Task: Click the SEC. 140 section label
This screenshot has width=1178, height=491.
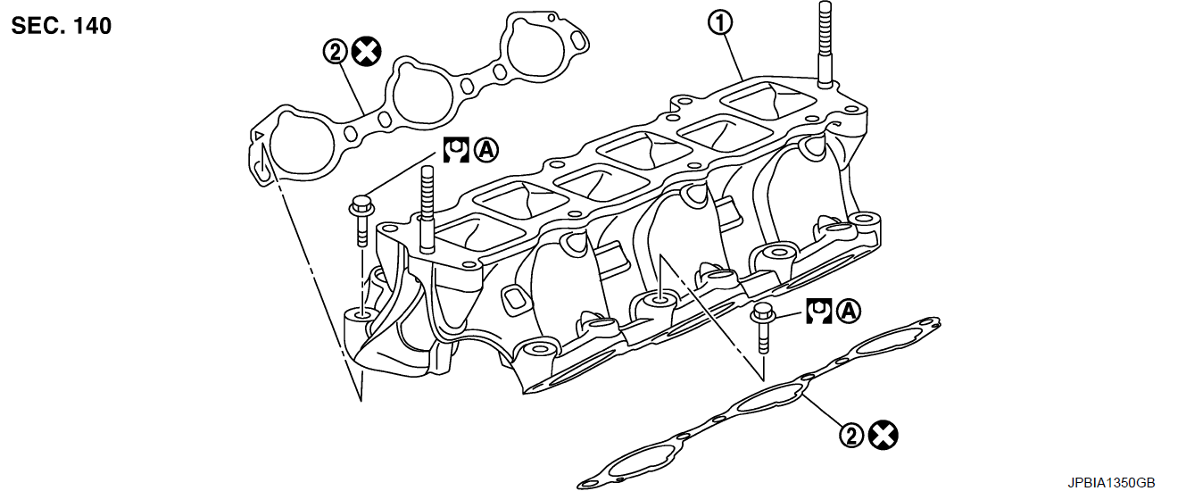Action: pos(62,26)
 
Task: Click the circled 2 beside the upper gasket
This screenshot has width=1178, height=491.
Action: pos(335,53)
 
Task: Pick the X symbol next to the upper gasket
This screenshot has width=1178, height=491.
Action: pos(365,53)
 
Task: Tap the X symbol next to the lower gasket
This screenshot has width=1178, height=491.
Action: pos(883,436)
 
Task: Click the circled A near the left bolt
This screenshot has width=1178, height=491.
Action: pos(486,148)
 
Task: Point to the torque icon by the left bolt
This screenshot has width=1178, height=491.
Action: pos(456,148)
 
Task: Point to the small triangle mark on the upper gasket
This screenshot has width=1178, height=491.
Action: pos(258,136)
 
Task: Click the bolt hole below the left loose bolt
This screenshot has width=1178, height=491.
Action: pos(361,314)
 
